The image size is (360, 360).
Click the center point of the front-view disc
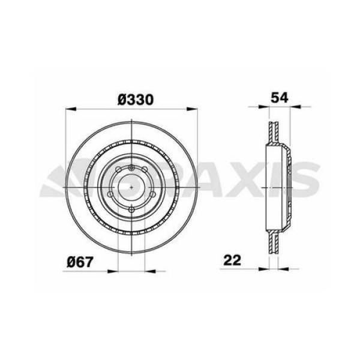(x=131, y=187)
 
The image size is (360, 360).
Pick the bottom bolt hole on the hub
(x=131, y=208)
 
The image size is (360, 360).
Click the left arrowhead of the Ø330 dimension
(x=68, y=109)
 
